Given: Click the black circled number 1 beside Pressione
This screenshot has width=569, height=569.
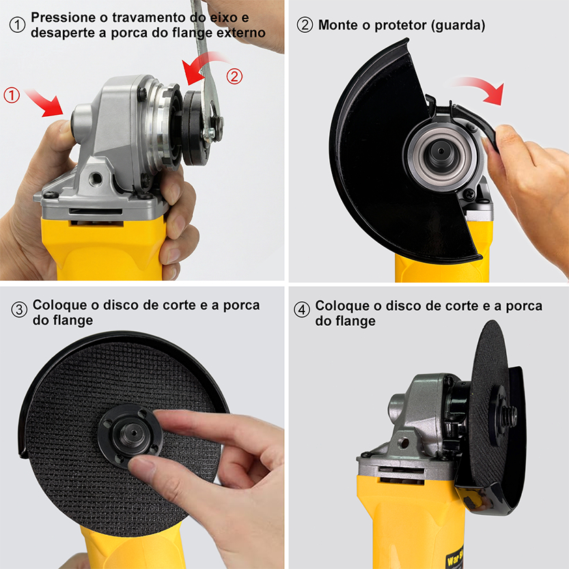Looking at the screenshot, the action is click(x=17, y=25).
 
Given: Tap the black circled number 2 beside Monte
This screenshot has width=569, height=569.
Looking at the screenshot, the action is click(x=305, y=25).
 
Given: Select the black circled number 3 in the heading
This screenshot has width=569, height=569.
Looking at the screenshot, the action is click(x=19, y=309).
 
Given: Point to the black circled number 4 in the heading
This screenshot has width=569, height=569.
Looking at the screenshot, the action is click(x=301, y=309).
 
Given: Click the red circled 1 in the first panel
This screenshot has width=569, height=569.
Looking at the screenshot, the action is click(x=11, y=95).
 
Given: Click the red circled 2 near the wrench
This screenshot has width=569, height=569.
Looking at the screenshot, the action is click(x=234, y=77).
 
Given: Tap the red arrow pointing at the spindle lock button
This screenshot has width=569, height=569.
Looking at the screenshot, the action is click(x=44, y=102).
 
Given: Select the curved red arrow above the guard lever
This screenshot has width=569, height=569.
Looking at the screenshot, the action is click(x=478, y=88).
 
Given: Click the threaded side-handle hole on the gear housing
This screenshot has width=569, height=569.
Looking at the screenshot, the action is click(x=96, y=178).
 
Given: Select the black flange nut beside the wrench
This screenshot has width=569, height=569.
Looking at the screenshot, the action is click(x=193, y=128).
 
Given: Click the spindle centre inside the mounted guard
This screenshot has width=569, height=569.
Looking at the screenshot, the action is click(x=441, y=152).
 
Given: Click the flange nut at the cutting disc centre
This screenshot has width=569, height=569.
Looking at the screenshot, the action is click(x=130, y=436).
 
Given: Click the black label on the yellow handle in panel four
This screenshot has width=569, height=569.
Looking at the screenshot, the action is click(x=454, y=556).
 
